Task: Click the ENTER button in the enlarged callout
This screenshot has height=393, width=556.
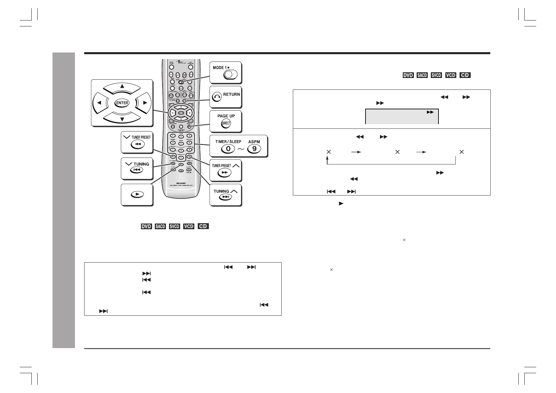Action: pos(122,103)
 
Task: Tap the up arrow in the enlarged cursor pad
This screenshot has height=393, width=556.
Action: pos(122,87)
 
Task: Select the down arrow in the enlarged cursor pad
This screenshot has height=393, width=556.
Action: pos(122,119)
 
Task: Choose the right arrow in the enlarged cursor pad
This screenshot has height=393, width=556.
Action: pos(145,103)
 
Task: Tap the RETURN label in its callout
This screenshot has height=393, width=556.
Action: pos(231,94)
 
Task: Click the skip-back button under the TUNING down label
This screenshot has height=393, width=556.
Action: pos(137,170)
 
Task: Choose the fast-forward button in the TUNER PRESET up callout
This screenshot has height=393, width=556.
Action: pos(225,172)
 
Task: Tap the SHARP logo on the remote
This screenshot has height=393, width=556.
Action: pos(181,182)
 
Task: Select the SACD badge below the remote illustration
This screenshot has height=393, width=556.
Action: pos(160,227)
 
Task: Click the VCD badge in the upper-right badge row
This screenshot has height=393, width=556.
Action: pos(450,75)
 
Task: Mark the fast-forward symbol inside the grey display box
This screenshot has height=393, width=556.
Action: pos(430,112)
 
